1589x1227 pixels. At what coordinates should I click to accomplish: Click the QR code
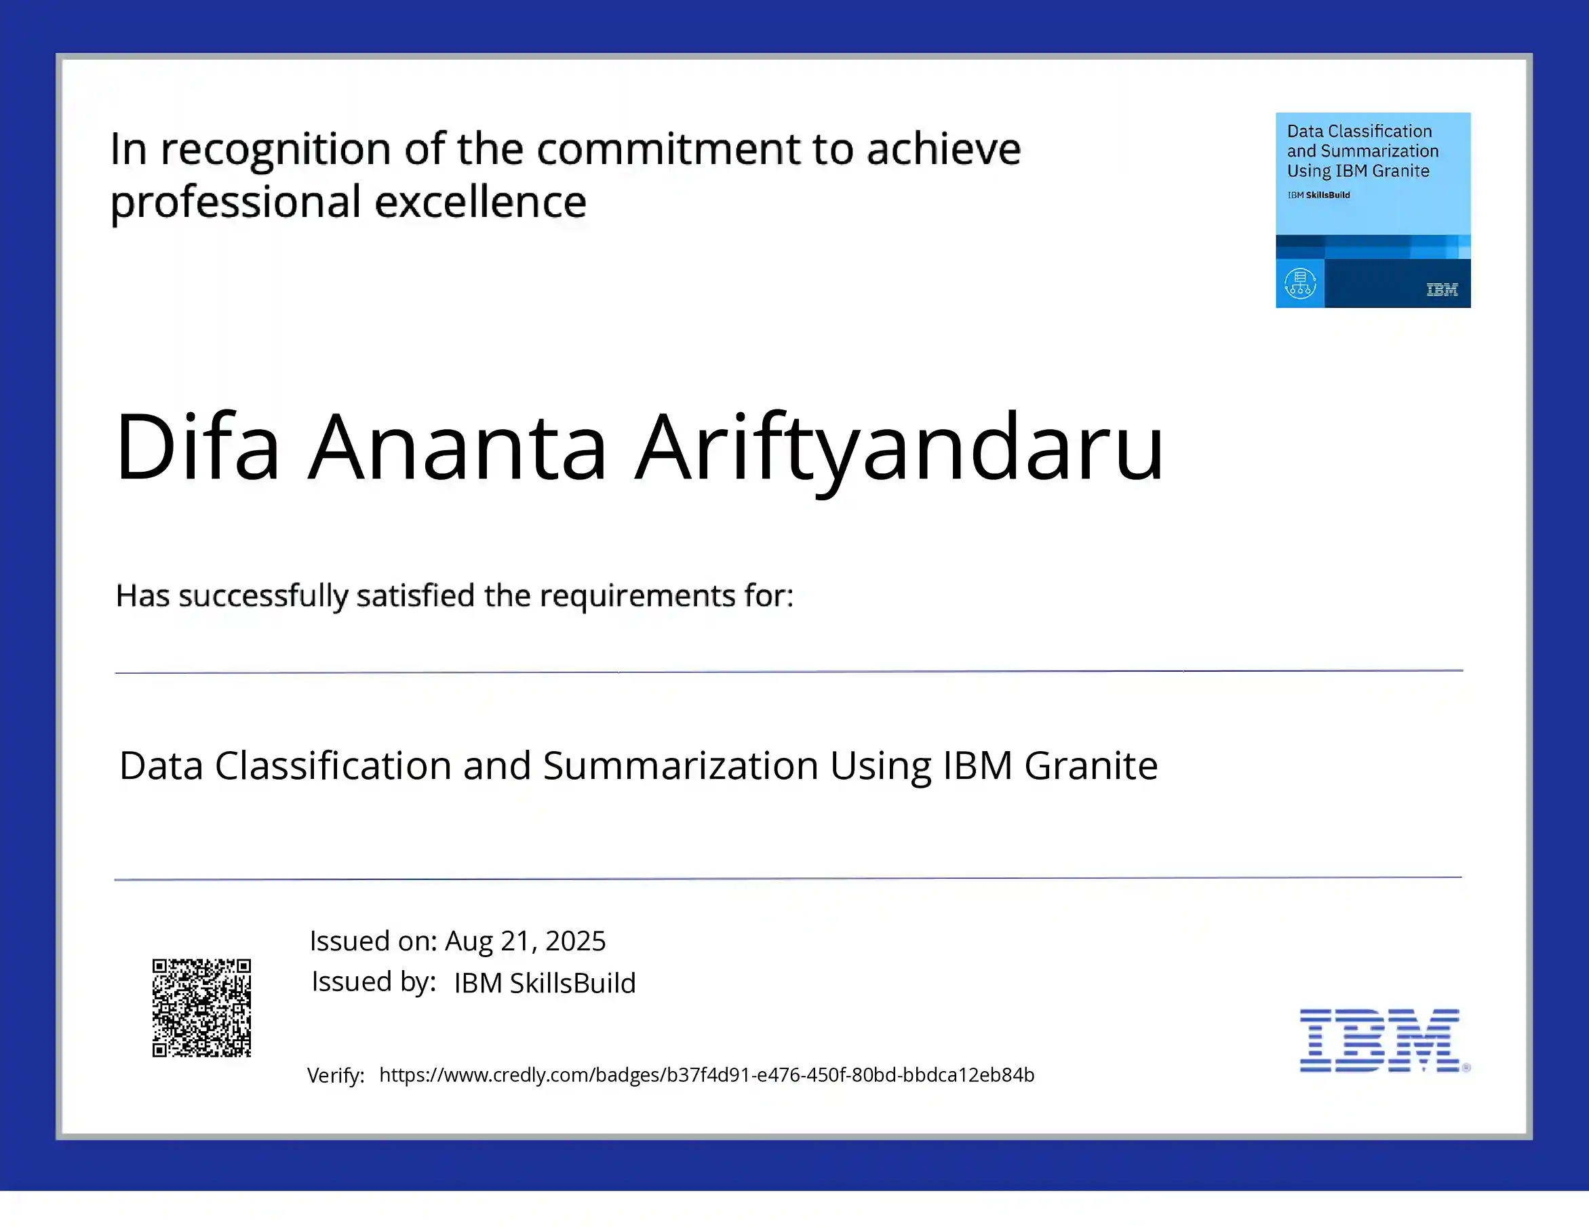[201, 1007]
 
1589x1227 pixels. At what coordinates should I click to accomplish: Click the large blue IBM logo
[1380, 1040]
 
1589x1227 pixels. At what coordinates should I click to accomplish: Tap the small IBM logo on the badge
[1442, 289]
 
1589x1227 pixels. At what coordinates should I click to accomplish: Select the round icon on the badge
[1300, 283]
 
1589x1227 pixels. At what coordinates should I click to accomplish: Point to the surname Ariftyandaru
[899, 447]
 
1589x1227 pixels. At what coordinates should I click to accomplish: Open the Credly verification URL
[707, 1075]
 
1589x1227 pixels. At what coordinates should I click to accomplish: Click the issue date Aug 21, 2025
[526, 940]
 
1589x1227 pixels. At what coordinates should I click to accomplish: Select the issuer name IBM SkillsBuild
[545, 983]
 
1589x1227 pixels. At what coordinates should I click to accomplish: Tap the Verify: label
[336, 1076]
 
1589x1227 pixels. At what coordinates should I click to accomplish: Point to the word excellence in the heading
[481, 202]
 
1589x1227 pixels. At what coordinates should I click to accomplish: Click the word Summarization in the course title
[680, 766]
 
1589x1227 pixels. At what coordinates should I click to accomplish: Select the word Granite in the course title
[1091, 766]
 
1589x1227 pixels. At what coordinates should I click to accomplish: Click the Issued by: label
[374, 982]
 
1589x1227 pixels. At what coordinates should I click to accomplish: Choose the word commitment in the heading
[669, 150]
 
